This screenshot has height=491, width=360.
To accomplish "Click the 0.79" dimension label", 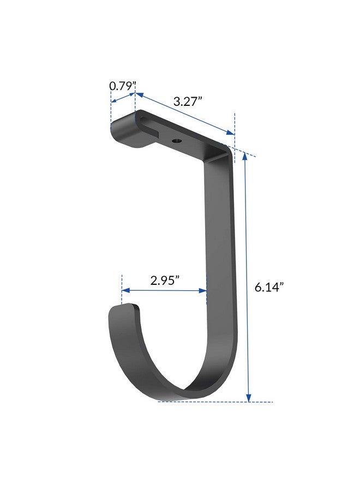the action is pos(123,86).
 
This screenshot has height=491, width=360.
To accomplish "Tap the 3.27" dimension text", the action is pos(188,101).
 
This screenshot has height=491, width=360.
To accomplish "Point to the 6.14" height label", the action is pos(269,287).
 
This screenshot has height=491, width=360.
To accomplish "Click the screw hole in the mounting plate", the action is pos(177,141).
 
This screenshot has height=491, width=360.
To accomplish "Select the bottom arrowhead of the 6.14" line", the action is pos(249,397).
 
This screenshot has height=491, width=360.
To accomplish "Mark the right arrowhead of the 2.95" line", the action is pos(202,291).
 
